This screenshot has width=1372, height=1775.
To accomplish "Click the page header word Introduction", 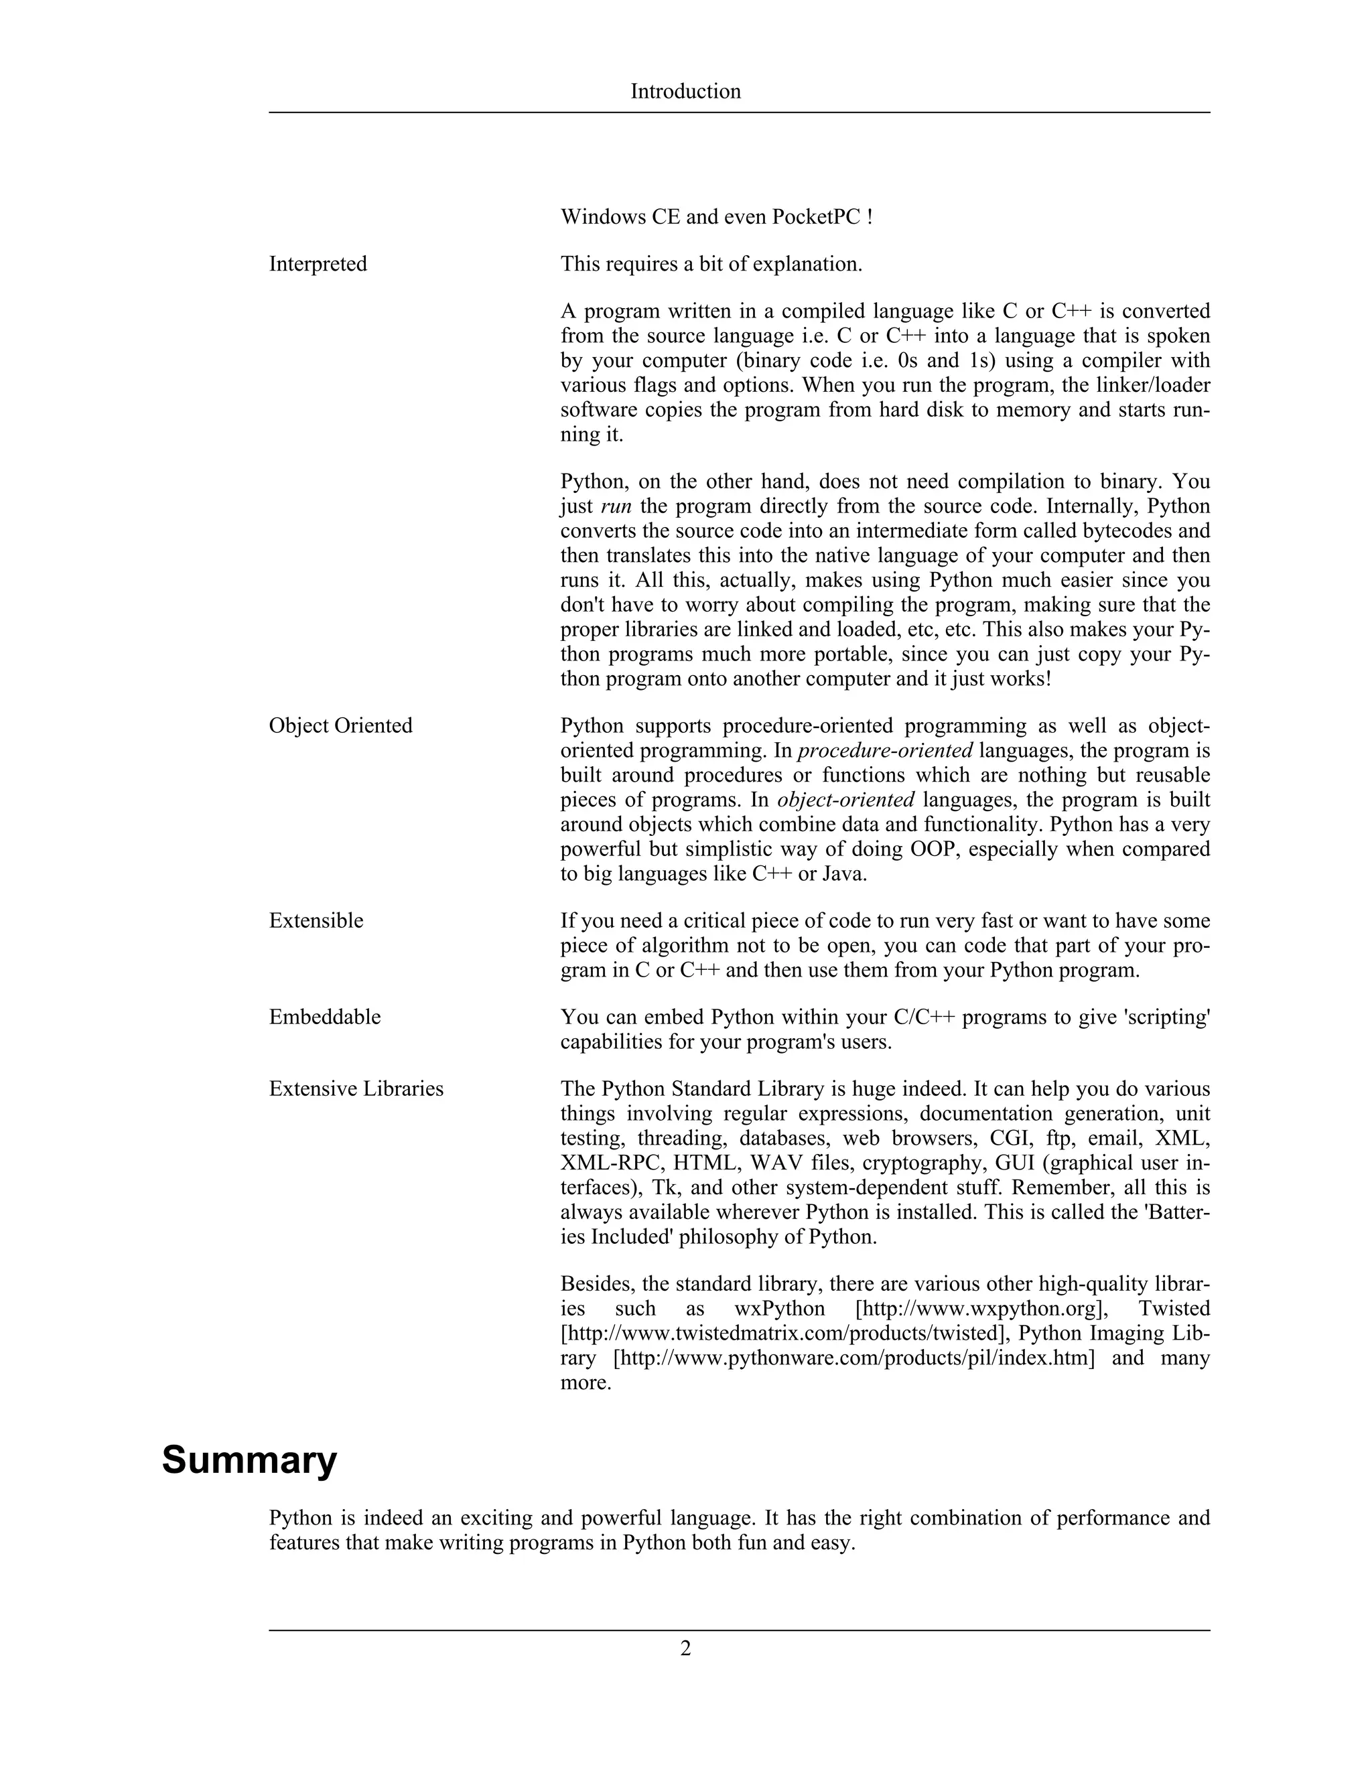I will pos(685,91).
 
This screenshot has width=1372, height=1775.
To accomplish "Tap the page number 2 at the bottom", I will pos(685,1648).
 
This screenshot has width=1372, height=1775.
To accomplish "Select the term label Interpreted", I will pos(318,264).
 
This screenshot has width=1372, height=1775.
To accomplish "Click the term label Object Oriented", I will pos(340,726).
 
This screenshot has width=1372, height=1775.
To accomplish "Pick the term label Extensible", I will pos(316,921).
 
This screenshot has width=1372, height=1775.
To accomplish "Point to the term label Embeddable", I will pos(324,1017).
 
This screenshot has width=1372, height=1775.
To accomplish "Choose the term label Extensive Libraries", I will pos(356,1089).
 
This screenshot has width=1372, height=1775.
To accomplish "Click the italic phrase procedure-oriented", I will pos(885,751).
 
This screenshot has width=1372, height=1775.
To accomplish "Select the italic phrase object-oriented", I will pos(845,800).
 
